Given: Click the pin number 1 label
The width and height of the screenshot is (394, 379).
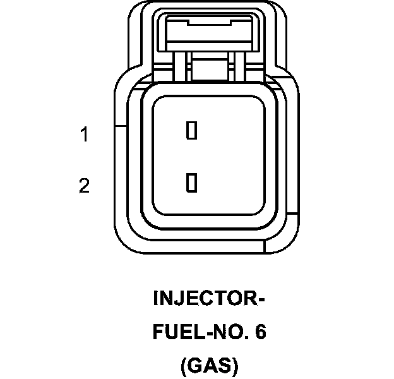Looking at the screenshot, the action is [x=84, y=135].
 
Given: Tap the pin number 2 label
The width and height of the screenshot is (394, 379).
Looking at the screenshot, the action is [x=84, y=186].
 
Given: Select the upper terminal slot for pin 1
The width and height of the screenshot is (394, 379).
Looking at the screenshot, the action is [x=191, y=130].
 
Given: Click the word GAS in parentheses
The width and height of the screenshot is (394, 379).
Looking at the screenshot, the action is [x=208, y=366].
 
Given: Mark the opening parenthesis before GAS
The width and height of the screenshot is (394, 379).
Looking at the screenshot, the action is [x=184, y=367].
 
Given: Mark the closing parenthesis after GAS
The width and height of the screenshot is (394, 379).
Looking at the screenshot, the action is [x=234, y=367].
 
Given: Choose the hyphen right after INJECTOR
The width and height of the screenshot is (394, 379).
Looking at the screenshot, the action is [x=260, y=299].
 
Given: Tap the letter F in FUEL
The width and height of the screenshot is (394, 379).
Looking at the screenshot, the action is [x=158, y=332].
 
